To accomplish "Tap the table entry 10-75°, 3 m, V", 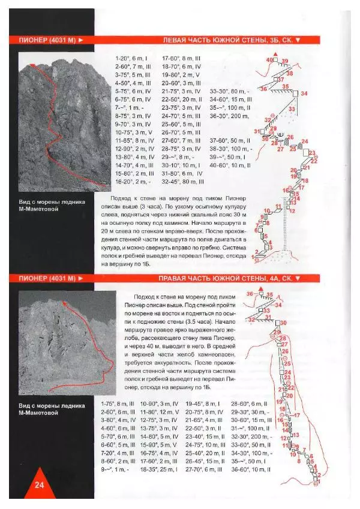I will [x=130, y=132].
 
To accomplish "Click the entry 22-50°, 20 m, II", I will [x=183, y=100].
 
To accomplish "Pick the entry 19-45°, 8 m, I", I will [x=203, y=405].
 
